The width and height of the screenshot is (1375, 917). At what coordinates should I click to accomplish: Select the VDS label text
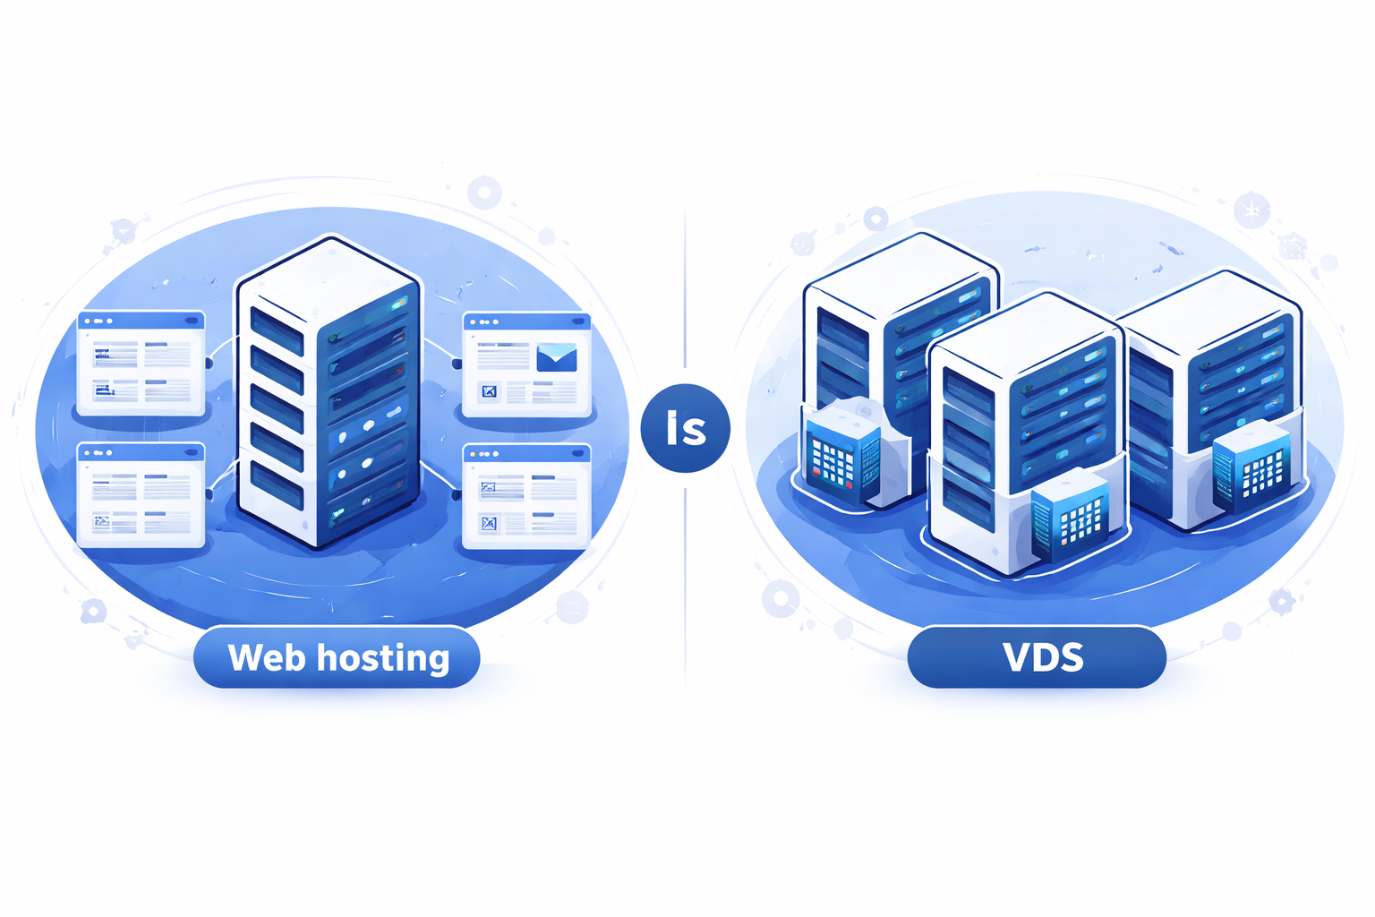pos(1043,658)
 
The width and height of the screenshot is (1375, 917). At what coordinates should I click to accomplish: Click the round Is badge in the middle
pos(686,428)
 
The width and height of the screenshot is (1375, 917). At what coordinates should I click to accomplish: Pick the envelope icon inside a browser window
pos(556,357)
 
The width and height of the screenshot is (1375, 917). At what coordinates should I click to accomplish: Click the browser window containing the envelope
pos(526,364)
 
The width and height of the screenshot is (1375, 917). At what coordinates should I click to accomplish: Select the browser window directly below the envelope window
pos(526,496)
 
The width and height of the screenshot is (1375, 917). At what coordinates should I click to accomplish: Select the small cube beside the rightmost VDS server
pos(1252,467)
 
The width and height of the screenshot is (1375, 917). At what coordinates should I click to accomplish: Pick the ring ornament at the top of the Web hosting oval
pos(484,193)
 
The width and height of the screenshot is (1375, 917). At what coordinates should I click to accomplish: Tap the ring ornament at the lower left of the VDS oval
pos(781,598)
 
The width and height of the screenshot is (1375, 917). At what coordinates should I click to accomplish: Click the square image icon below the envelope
pos(489,391)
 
